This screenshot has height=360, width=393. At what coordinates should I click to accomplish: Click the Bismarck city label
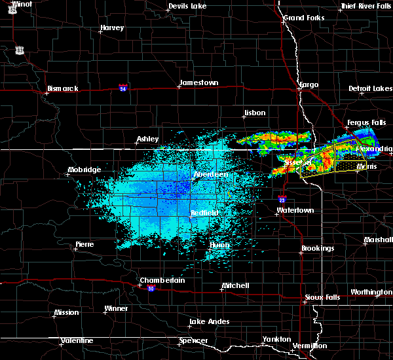62,88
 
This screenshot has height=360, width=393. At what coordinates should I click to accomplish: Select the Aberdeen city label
211,175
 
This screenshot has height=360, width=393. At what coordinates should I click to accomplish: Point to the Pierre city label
84,244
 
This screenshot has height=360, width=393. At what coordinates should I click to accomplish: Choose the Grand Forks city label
303,18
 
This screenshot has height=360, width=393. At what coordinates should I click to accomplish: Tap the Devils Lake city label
188,6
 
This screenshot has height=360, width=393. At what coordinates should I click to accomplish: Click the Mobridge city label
84,170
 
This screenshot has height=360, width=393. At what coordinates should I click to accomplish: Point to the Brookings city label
318,249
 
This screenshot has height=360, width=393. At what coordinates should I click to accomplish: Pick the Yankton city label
276,339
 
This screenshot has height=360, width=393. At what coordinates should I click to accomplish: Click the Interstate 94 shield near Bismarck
122,86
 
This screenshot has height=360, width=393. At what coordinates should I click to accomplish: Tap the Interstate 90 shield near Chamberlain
151,289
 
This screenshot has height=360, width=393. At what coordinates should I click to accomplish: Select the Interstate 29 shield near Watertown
282,200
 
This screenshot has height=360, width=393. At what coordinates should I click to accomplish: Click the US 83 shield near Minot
20,50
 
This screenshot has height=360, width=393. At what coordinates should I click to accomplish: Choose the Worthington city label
371,292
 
